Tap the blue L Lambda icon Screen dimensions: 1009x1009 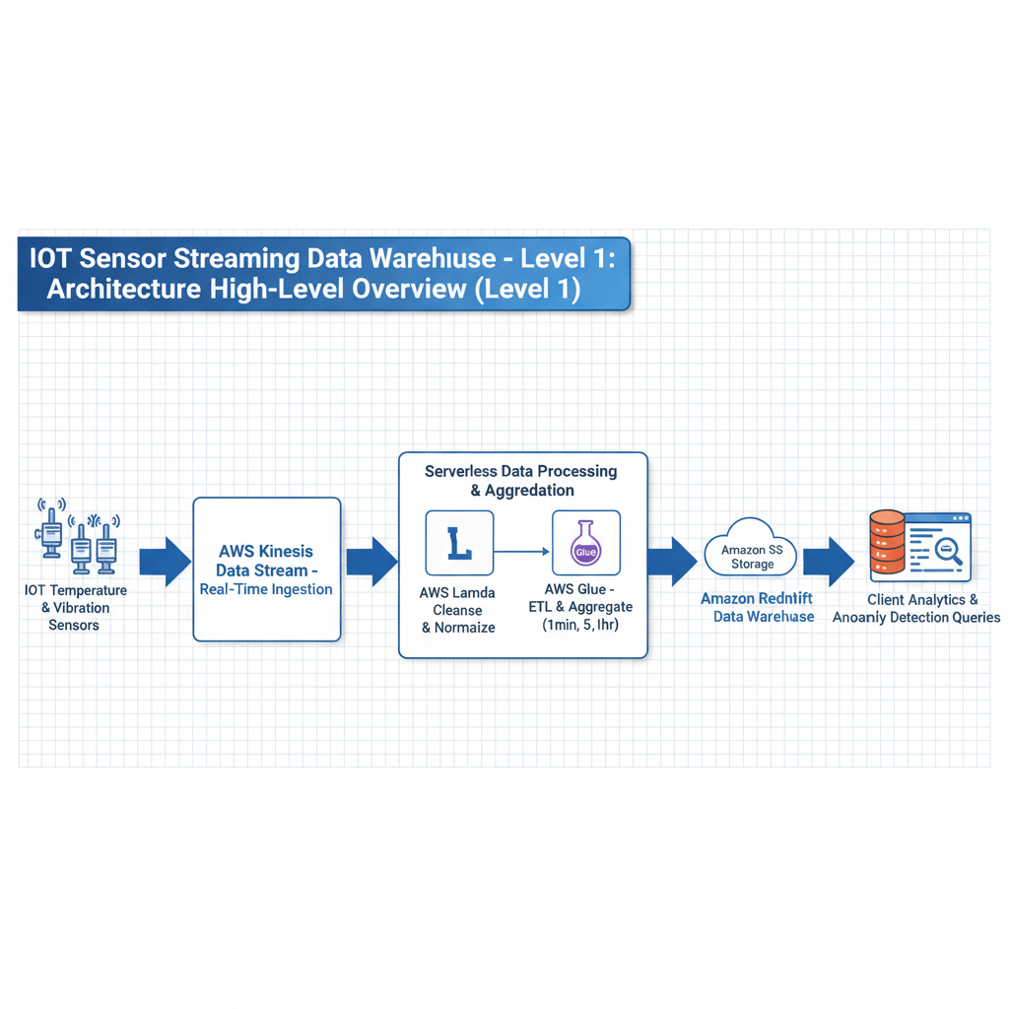[x=459, y=543]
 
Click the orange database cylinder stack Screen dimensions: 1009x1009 [x=887, y=544]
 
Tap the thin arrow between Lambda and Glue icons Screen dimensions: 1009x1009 [x=522, y=550]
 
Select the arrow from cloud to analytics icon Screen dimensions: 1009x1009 [x=828, y=562]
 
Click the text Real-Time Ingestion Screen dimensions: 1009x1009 [x=266, y=589]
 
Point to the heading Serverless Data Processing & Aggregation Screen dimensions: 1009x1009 [x=521, y=481]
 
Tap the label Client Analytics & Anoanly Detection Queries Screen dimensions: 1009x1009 [x=916, y=608]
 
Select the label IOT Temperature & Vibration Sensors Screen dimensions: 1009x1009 [x=74, y=607]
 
